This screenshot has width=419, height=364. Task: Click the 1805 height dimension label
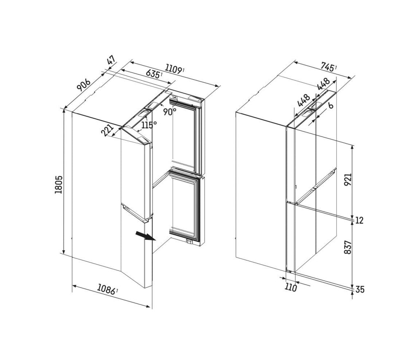pyautogui.click(x=59, y=185)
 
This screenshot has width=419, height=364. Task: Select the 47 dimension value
pyautogui.click(x=111, y=61)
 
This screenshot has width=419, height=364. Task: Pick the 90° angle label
pyautogui.click(x=170, y=111)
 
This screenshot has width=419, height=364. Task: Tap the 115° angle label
pyautogui.click(x=149, y=125)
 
